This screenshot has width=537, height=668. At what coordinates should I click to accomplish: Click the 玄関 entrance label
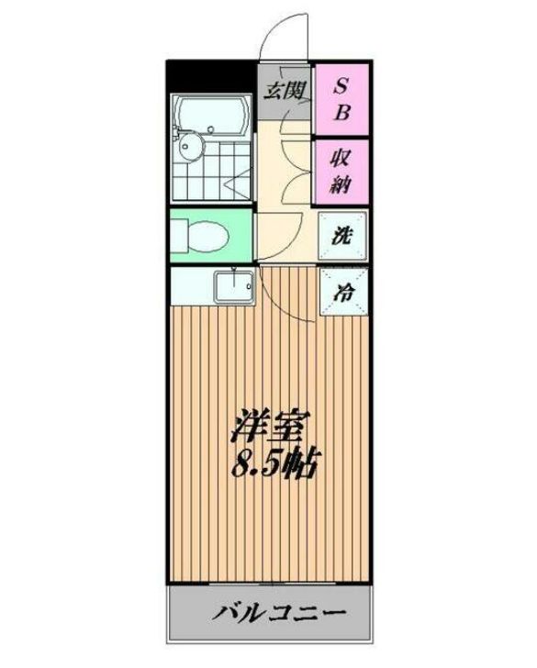(285, 90)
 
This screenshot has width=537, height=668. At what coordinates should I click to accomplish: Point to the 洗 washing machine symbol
(341, 234)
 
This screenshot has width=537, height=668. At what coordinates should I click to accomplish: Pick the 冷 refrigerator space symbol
(341, 294)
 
